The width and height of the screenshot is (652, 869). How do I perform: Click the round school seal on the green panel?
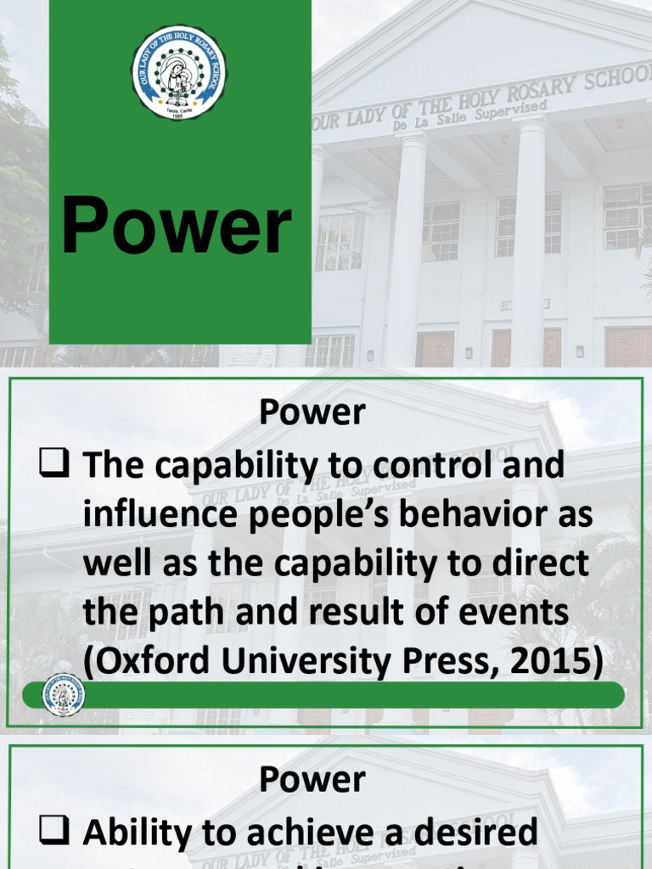click(180, 72)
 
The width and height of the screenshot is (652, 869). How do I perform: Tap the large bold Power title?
click(177, 227)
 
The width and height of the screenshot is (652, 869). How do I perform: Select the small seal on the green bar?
click(64, 695)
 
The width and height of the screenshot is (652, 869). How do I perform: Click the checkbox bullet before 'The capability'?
click(55, 464)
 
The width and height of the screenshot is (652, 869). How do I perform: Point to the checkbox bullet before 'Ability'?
click(55, 833)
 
